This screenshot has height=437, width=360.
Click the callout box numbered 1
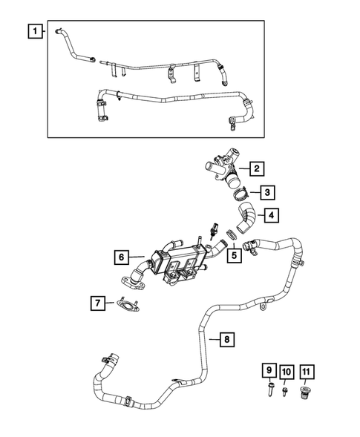34,31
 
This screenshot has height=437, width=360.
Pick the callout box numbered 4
273,217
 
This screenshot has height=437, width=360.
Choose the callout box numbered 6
121,258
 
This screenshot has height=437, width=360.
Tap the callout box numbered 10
287,370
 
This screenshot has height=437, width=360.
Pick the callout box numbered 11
307,370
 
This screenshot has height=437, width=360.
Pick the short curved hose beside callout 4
246,220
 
